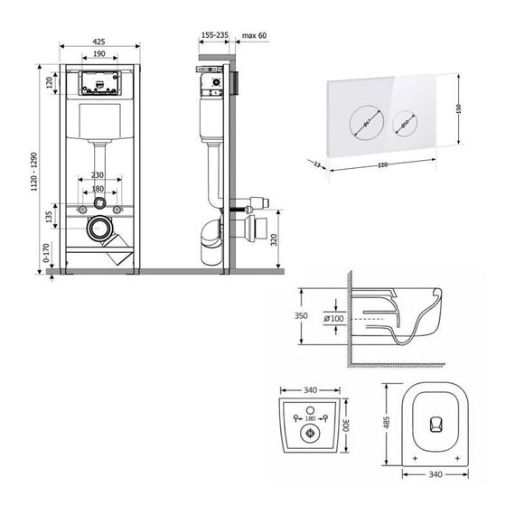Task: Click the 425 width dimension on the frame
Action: tap(100, 41)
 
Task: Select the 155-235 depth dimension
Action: tap(216, 35)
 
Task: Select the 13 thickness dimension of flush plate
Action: tap(317, 164)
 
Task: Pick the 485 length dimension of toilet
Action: tap(388, 423)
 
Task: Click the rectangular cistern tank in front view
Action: tap(100, 124)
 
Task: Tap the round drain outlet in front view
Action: tap(100, 229)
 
